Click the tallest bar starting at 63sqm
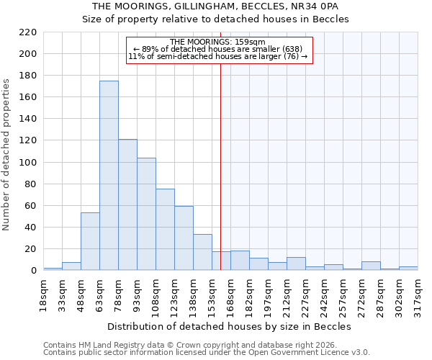point(109,176)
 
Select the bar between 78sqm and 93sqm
point(127,204)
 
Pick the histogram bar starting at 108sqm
point(165,230)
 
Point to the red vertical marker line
point(220,166)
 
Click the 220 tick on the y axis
point(27,32)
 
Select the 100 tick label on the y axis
point(27,163)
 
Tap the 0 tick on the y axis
point(33,271)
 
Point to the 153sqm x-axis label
point(212,293)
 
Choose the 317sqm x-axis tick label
point(418,293)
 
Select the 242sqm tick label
point(324,293)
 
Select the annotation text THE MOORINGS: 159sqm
point(220,42)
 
